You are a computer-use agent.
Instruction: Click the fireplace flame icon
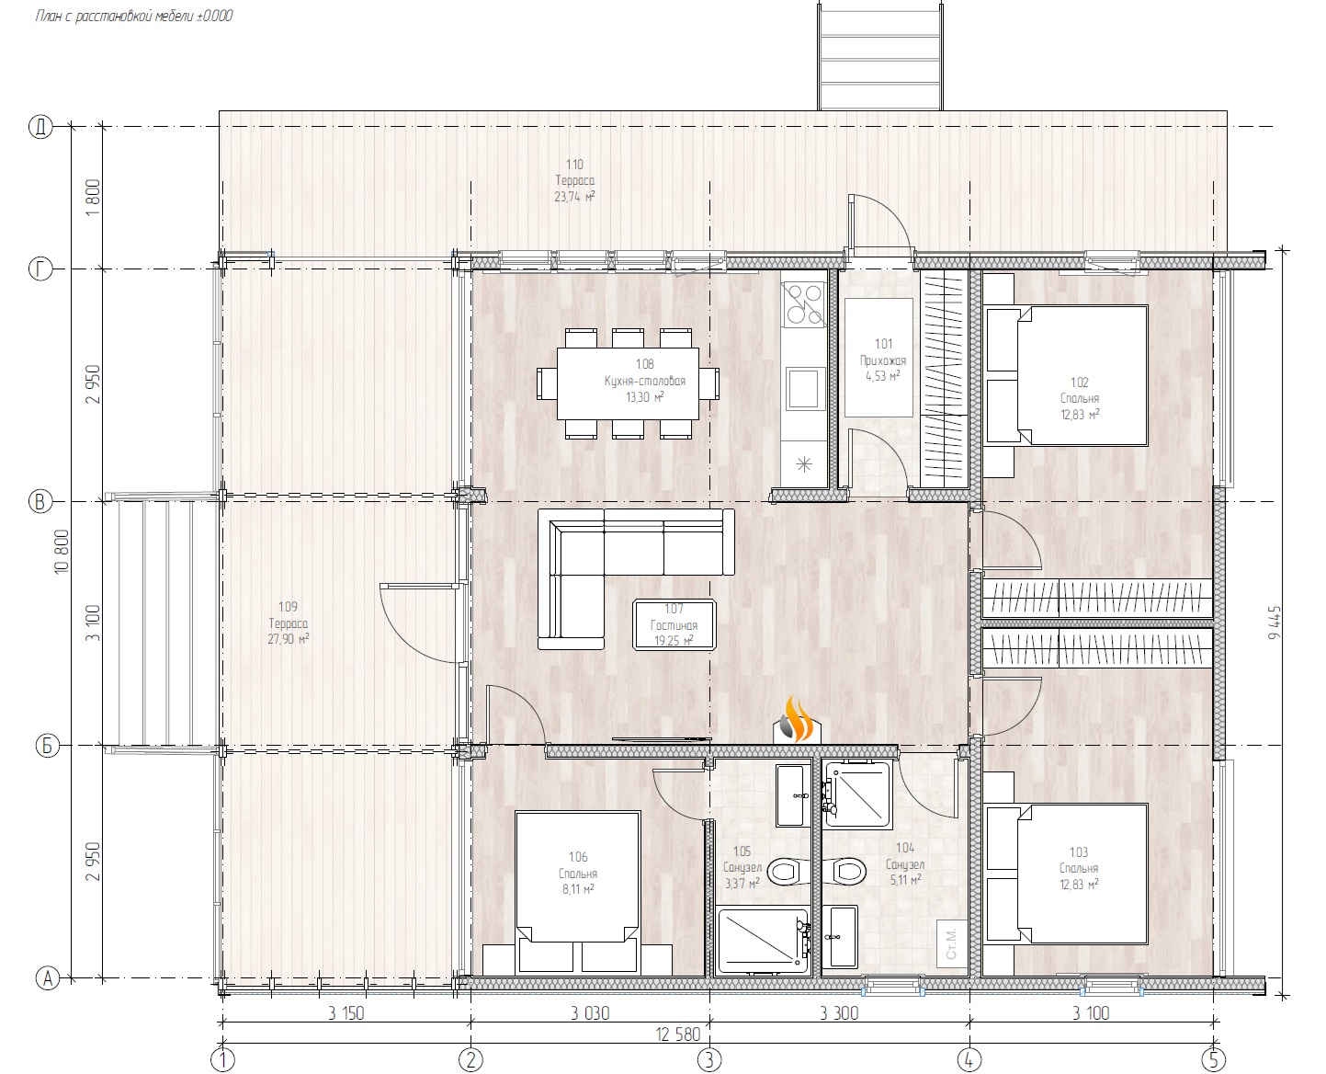coord(798,720)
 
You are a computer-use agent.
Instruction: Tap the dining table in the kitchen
coord(628,383)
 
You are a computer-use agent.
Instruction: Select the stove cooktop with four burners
coord(803,304)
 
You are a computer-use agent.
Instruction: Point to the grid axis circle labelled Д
coord(41,127)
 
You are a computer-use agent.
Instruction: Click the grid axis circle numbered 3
coord(709,1059)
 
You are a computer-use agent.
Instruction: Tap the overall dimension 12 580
coord(678,1034)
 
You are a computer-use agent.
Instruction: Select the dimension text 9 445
coord(1275,623)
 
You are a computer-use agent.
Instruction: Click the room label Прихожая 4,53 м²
coord(883,360)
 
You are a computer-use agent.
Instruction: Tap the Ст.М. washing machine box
coord(951,943)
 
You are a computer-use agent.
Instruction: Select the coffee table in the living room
coord(674,625)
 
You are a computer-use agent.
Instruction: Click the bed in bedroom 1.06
coord(578,892)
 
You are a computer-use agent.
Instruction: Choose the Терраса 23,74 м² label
coord(574,180)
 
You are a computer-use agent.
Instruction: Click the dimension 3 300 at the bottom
coord(839,1013)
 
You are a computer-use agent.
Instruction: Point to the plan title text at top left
coord(134,17)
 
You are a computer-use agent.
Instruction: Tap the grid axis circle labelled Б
coord(47,746)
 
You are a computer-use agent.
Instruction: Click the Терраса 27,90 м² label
coord(289,623)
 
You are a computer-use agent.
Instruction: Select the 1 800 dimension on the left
coord(93,198)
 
